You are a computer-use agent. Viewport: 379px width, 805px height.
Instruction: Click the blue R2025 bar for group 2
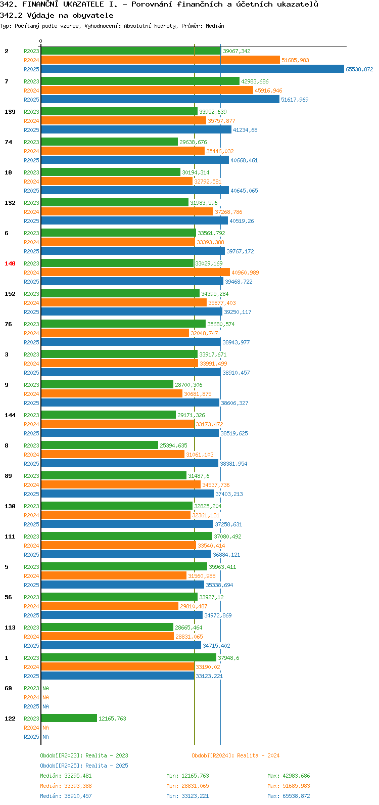tap(193, 69)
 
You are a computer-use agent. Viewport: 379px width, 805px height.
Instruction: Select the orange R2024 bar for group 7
tap(147, 91)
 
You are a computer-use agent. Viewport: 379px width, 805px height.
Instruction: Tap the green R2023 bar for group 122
tap(69, 719)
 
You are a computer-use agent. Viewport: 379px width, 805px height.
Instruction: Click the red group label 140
tap(10, 264)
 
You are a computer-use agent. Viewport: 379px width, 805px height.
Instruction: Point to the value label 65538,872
tap(359, 69)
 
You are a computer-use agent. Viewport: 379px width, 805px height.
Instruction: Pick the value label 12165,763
tap(113, 719)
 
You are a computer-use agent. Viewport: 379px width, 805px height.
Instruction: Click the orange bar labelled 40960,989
tap(135, 273)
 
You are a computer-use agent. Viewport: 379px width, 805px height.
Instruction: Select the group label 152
tap(10, 294)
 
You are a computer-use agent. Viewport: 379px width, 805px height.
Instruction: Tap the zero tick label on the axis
tap(40, 41)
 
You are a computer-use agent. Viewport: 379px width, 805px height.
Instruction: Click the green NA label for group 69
tap(45, 689)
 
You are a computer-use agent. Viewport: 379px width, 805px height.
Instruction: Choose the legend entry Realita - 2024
tap(235, 756)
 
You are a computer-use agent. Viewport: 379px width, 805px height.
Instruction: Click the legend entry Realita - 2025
tap(84, 766)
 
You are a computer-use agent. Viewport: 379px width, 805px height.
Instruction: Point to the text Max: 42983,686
tap(289, 776)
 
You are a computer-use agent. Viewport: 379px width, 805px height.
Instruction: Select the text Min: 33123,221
tap(187, 796)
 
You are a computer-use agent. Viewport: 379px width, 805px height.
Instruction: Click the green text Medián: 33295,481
tap(66, 776)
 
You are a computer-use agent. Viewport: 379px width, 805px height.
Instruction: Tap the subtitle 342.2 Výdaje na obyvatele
tap(57, 16)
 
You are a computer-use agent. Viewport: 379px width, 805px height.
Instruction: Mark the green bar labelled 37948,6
tap(129, 658)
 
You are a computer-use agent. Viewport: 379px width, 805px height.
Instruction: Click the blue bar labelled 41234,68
tap(136, 130)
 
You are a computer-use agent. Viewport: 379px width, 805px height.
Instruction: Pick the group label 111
tap(10, 536)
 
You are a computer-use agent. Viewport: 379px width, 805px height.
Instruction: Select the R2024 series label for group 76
tap(31, 334)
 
